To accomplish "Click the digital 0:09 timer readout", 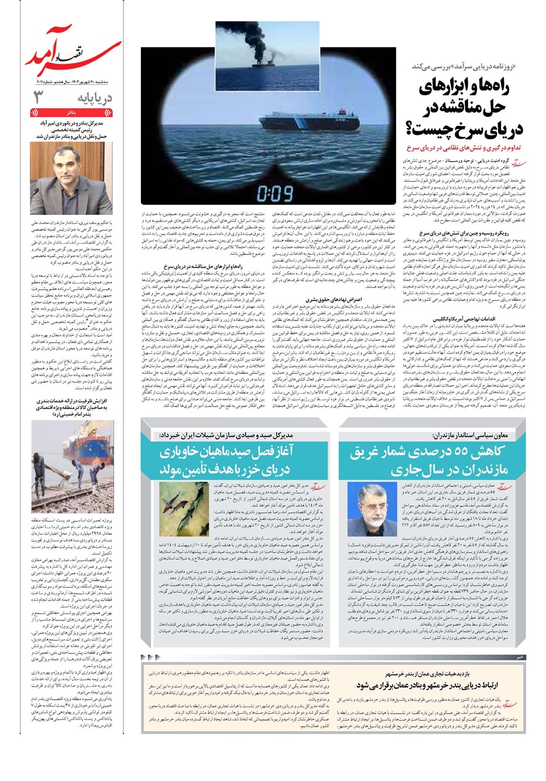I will [274, 192].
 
